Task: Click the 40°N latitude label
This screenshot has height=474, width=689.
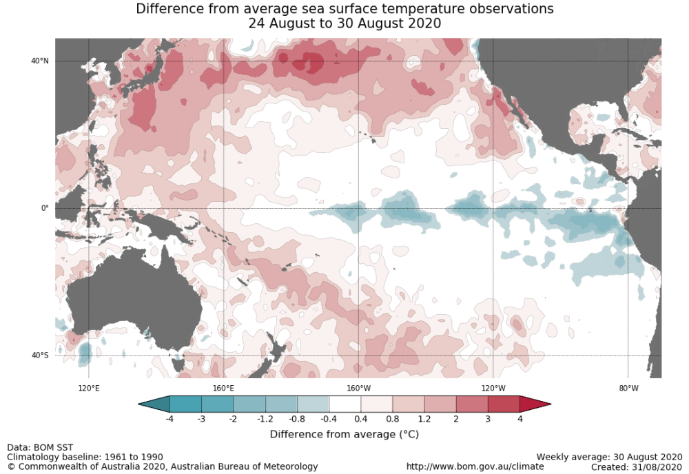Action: (40, 61)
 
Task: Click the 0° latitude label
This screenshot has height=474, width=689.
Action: (45, 208)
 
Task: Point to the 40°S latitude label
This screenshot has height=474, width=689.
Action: (40, 355)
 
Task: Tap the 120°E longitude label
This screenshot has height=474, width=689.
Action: (89, 388)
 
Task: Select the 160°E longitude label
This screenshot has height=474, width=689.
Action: (223, 388)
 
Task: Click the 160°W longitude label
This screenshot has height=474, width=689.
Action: (358, 388)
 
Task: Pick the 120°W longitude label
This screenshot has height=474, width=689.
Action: (493, 388)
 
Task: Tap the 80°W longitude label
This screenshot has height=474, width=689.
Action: (628, 388)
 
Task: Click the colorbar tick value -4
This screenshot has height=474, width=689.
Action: (169, 419)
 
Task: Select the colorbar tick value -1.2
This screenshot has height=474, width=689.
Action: (265, 419)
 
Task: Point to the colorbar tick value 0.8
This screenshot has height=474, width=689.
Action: (393, 419)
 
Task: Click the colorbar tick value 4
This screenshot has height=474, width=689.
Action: (520, 419)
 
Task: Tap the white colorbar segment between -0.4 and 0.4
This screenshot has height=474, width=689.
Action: (344, 404)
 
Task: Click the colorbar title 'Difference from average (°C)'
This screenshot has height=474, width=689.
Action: (344, 434)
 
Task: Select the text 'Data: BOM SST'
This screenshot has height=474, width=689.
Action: (39, 448)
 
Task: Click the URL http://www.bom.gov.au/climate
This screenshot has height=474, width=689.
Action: (475, 466)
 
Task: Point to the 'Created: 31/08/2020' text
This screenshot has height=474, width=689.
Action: (636, 466)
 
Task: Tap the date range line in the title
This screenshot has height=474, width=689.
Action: (344, 23)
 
